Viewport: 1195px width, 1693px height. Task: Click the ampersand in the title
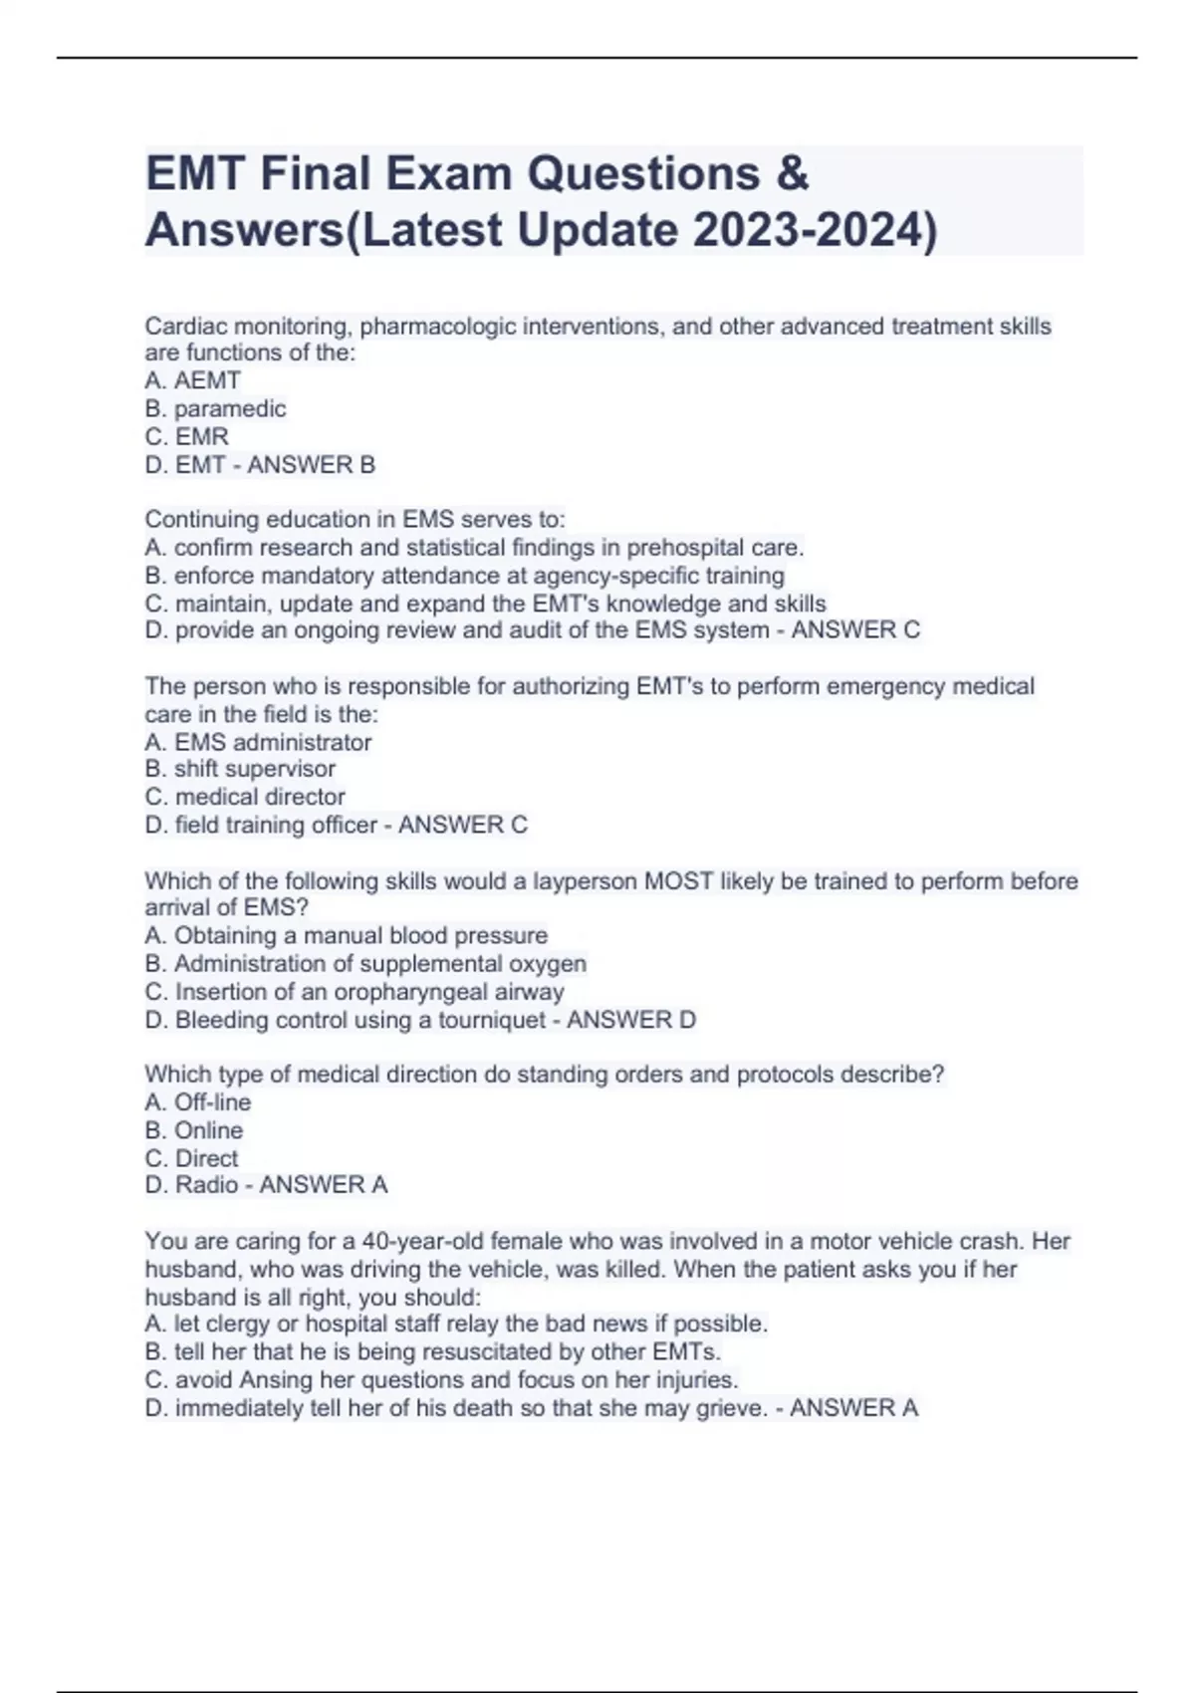pyautogui.click(x=792, y=174)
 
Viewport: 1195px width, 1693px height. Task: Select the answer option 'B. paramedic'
pyautogui.click(x=215, y=408)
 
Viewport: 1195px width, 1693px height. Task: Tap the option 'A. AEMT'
pyautogui.click(x=192, y=380)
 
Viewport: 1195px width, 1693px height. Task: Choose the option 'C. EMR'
pyautogui.click(x=186, y=436)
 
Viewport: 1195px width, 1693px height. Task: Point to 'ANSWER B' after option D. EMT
pyautogui.click(x=311, y=464)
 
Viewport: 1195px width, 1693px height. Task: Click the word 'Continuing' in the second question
pyautogui.click(x=204, y=519)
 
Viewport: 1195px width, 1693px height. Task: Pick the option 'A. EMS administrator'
pyautogui.click(x=258, y=742)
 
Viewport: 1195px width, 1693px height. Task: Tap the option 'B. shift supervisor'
pyautogui.click(x=240, y=769)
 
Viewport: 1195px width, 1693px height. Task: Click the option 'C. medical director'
pyautogui.click(x=245, y=797)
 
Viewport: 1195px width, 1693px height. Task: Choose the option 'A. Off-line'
pyautogui.click(x=197, y=1102)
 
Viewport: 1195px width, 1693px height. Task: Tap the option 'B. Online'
pyautogui.click(x=193, y=1130)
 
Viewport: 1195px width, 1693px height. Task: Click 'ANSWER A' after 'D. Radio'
pyautogui.click(x=323, y=1185)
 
